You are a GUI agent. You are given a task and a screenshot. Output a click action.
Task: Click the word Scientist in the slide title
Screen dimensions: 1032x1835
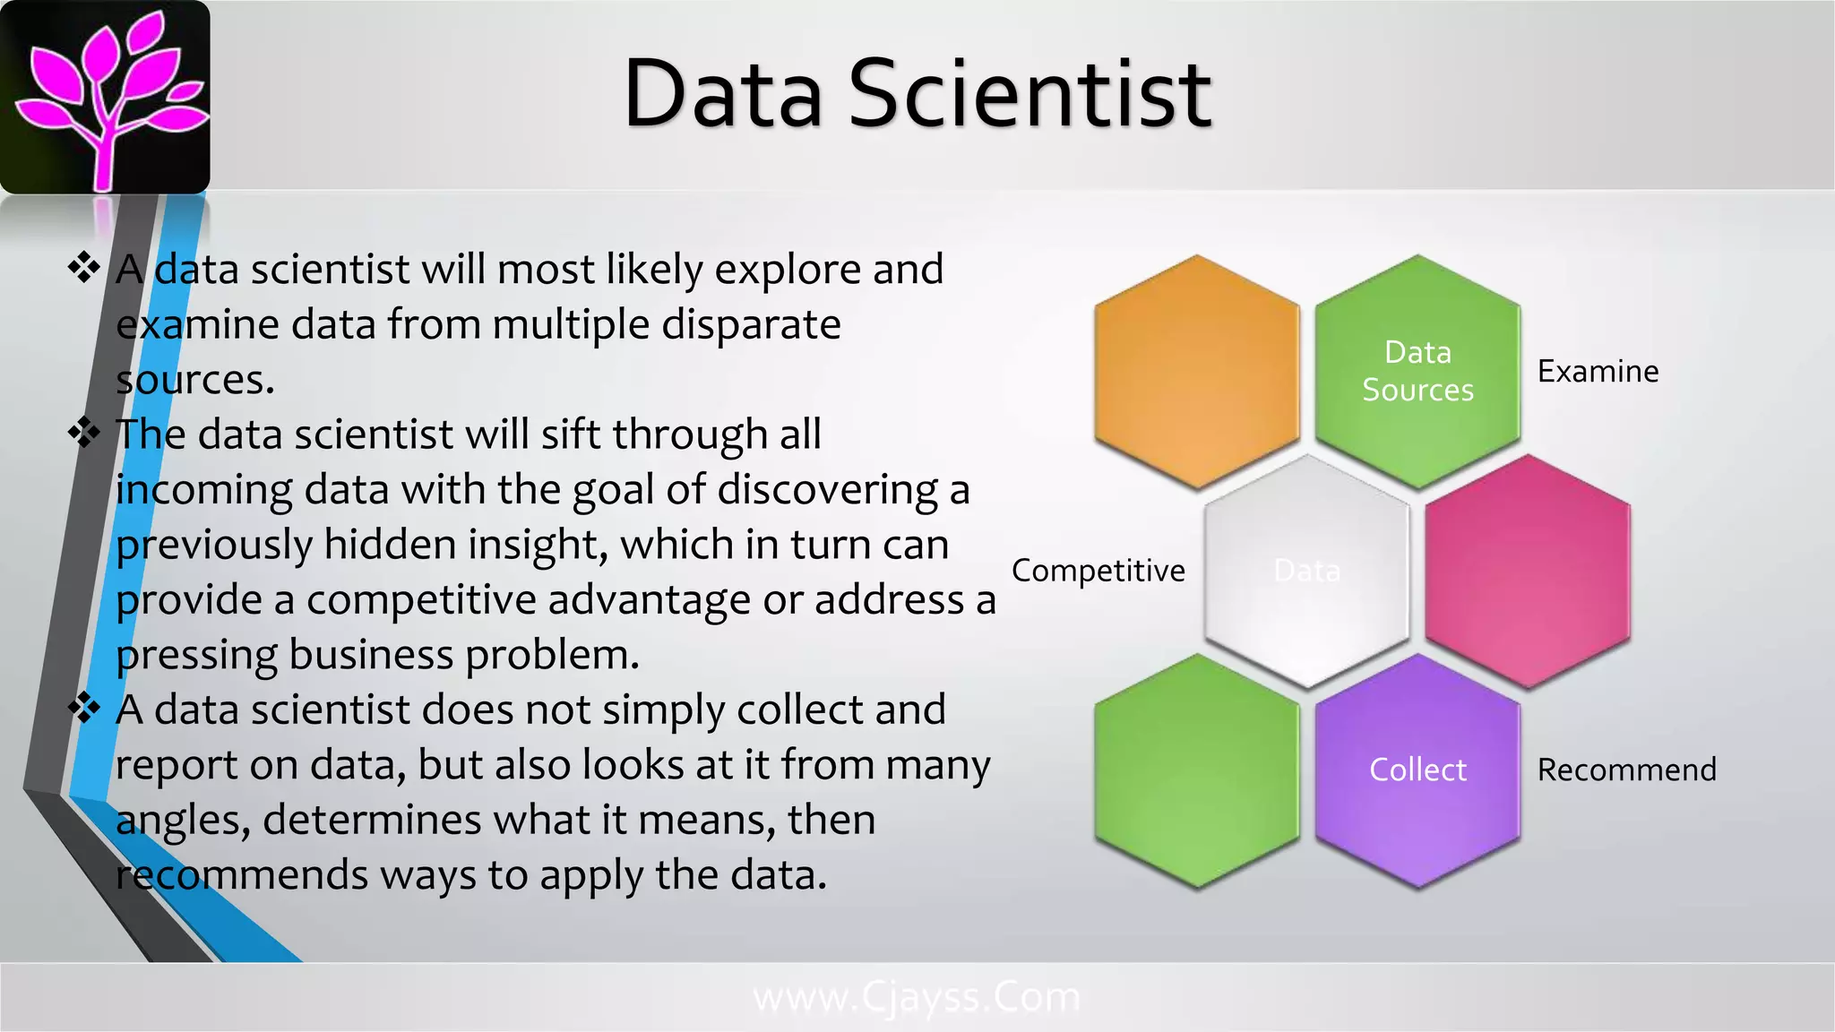[1029, 93]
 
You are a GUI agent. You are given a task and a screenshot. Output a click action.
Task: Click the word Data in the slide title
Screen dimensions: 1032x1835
[722, 93]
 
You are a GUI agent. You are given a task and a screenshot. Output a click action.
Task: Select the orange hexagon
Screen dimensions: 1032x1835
[1197, 371]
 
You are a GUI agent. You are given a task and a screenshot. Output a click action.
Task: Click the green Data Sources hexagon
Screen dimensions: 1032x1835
[1417, 371]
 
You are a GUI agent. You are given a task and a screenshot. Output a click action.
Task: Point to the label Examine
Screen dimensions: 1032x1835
[1598, 371]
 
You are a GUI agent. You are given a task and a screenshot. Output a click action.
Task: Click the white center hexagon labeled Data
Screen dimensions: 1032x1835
[1306, 571]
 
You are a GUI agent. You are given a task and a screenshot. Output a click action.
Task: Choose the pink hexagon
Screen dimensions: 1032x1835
[1527, 571]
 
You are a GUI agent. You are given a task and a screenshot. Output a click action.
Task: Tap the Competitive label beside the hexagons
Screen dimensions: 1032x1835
[1098, 571]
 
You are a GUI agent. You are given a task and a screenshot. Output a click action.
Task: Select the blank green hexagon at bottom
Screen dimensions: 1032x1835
[1197, 770]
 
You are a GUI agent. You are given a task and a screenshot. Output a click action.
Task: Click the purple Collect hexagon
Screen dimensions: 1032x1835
[1417, 770]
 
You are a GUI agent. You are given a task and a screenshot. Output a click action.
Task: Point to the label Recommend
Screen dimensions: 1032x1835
[1626, 770]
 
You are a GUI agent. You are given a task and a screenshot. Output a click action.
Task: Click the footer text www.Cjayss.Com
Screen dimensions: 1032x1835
[917, 997]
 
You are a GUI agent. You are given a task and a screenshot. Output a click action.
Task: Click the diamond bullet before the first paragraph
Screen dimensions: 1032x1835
[84, 268]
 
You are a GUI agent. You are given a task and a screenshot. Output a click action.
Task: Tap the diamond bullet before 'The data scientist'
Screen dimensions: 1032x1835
[84, 433]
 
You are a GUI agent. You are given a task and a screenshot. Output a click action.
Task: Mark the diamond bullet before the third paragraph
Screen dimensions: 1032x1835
[84, 708]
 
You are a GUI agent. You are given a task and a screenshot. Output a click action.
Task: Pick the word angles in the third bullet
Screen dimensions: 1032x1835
[183, 821]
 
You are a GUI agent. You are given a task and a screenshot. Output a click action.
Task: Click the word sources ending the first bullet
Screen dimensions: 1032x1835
[194, 381]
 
